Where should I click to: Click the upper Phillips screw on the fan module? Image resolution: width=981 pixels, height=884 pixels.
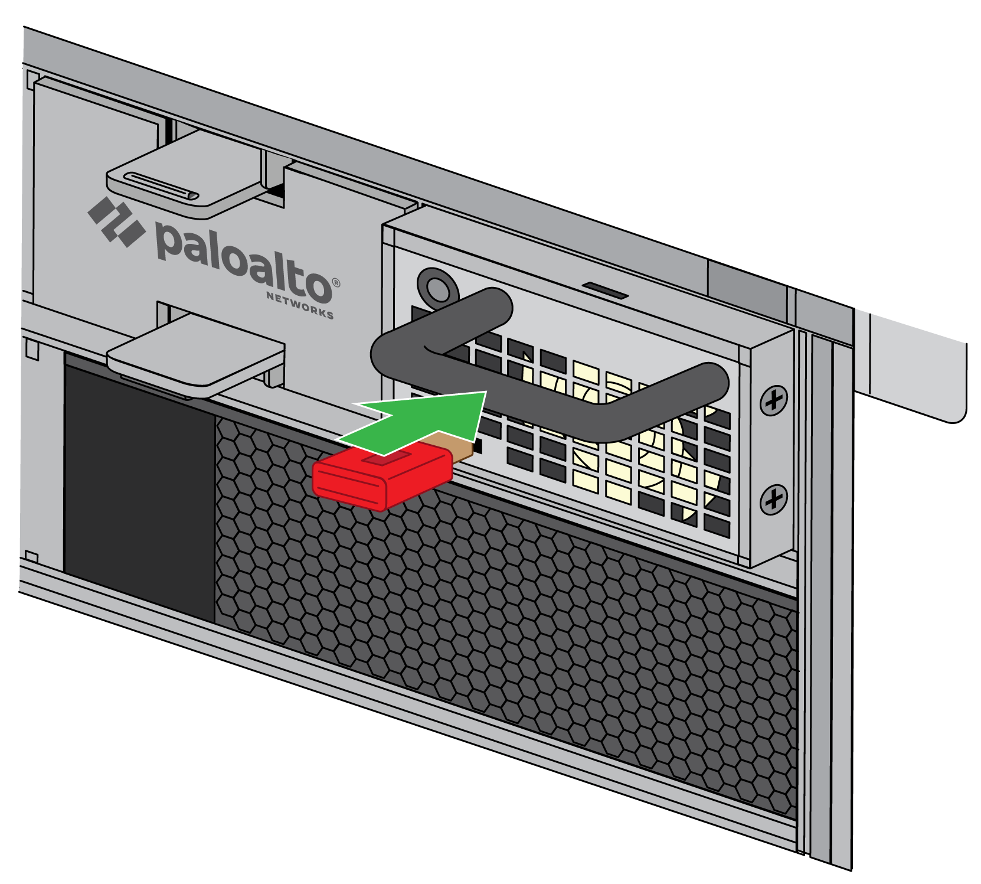pos(773,401)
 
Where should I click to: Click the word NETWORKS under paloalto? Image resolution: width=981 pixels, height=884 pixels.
pos(300,305)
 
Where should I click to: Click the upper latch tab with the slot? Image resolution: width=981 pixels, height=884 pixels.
pos(183,177)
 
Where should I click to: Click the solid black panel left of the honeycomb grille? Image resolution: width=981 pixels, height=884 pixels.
pos(139,490)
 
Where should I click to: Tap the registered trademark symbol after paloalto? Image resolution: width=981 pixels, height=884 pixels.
pos(336,283)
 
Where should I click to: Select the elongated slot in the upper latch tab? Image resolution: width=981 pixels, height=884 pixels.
pos(159,185)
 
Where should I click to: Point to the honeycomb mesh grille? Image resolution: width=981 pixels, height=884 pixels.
pos(502,620)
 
